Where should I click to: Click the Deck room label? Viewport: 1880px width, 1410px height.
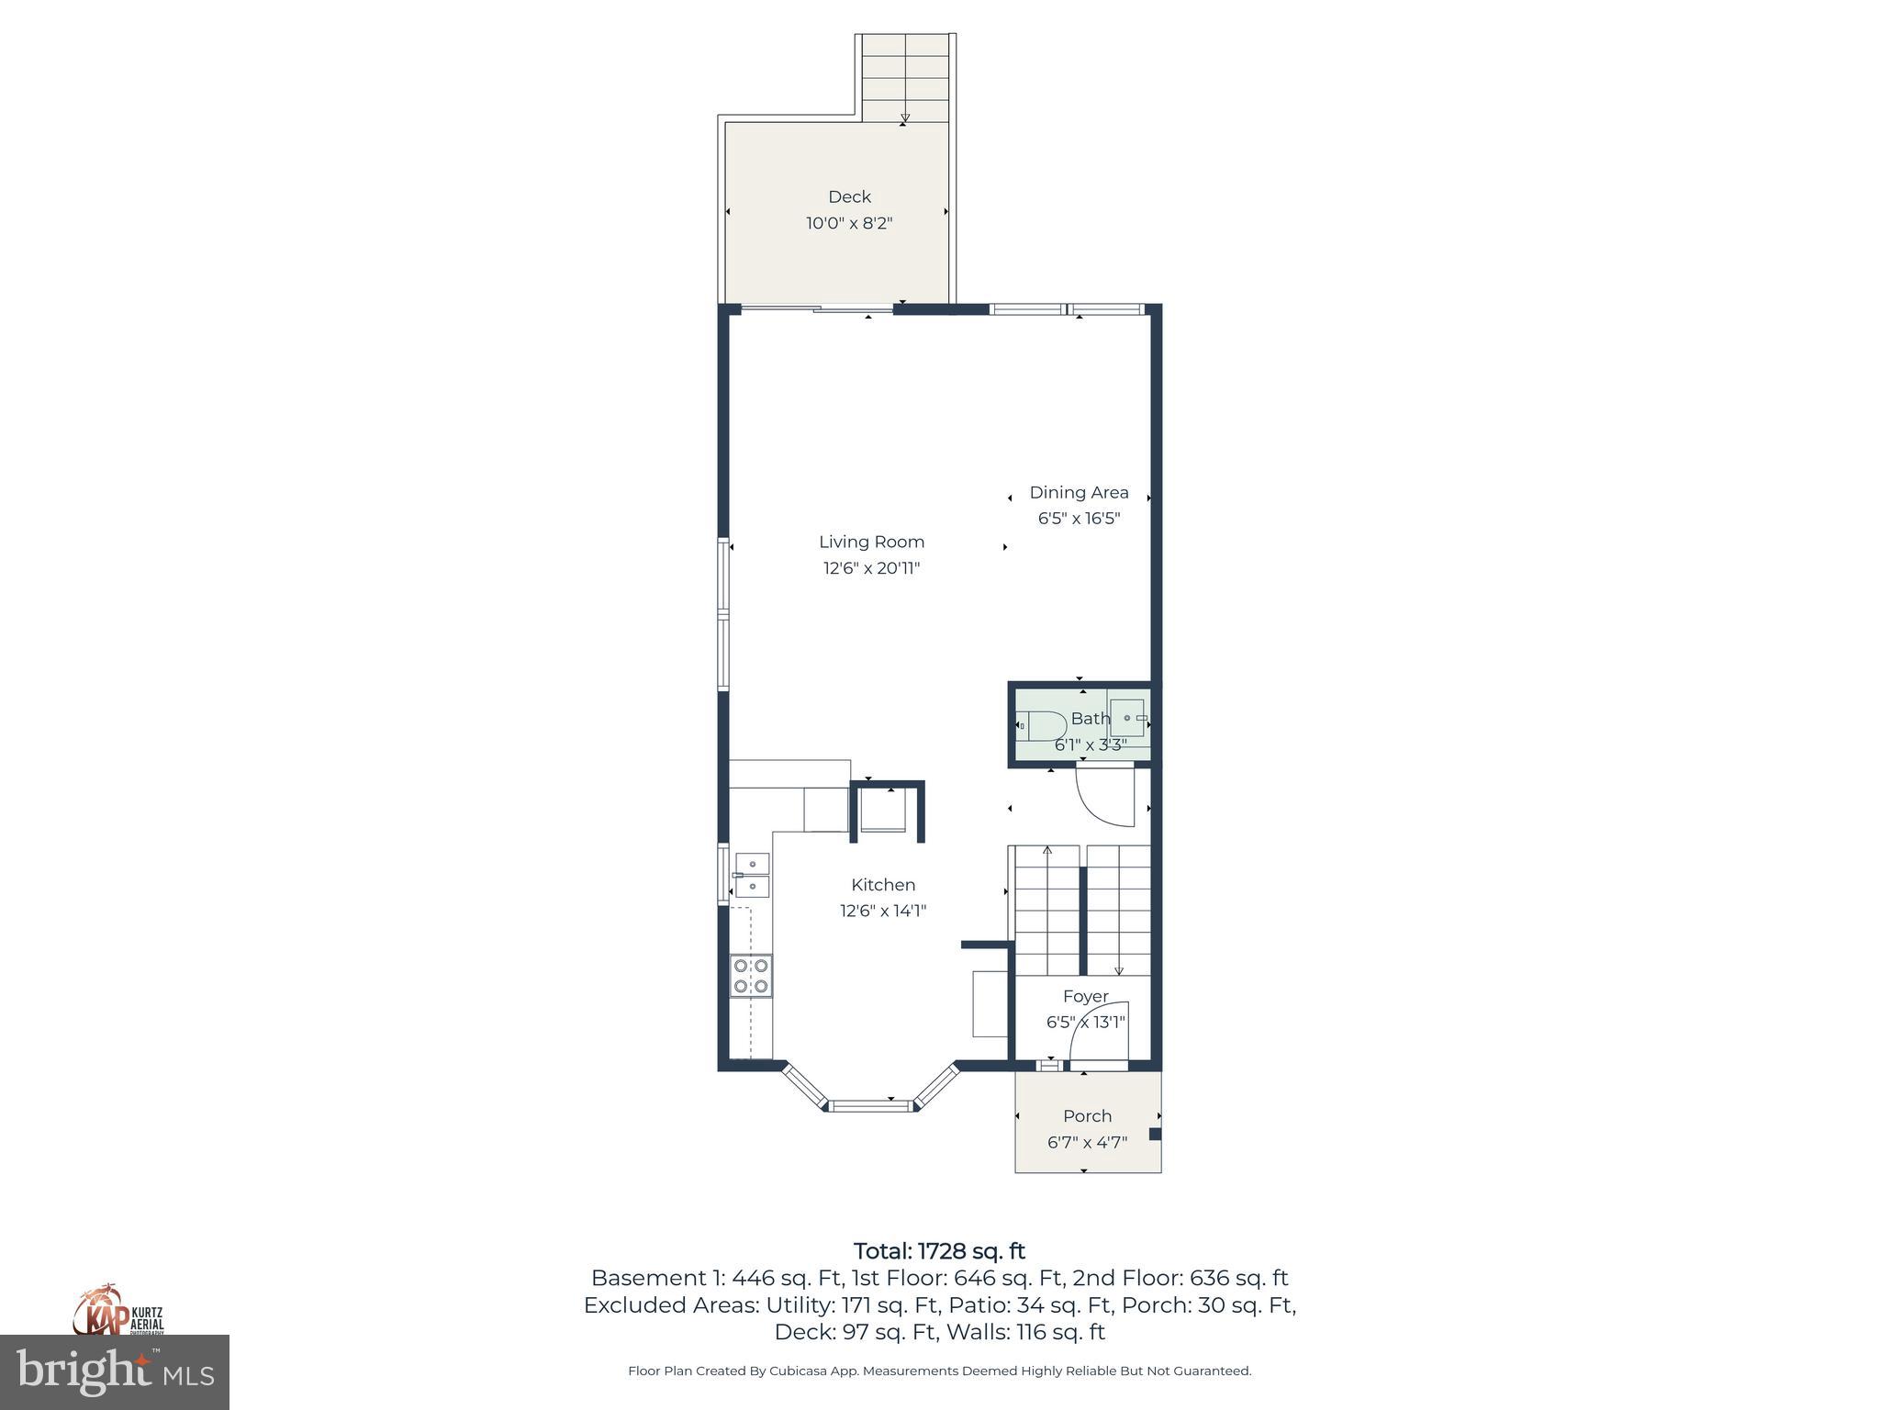click(x=849, y=196)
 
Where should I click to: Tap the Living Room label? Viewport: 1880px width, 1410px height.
click(x=871, y=542)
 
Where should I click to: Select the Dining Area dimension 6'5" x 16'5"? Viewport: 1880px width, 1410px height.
click(x=1079, y=518)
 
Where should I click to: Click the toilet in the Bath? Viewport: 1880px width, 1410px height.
click(x=1041, y=725)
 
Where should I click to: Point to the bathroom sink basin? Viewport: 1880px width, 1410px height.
click(x=1127, y=718)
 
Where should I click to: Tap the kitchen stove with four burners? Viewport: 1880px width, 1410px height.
click(x=751, y=976)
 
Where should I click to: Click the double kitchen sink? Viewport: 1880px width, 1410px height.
click(x=752, y=875)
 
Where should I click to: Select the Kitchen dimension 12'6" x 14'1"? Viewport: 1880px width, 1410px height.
click(x=883, y=911)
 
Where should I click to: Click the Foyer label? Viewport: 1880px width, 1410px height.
click(x=1085, y=996)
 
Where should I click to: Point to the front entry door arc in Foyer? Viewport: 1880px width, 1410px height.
click(x=1097, y=1030)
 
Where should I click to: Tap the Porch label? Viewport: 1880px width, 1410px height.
click(x=1087, y=1116)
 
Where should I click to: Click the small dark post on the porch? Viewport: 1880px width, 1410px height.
click(x=1155, y=1134)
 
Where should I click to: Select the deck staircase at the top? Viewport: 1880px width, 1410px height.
click(x=905, y=78)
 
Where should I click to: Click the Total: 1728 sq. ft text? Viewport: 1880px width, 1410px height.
click(x=939, y=1251)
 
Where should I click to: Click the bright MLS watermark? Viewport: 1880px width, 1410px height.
click(x=115, y=1372)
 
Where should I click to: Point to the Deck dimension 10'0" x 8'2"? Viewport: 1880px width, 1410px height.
click(x=849, y=223)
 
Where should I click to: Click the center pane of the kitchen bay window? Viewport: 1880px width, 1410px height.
click(x=871, y=1105)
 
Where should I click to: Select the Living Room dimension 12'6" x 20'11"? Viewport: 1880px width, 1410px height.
click(x=871, y=568)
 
